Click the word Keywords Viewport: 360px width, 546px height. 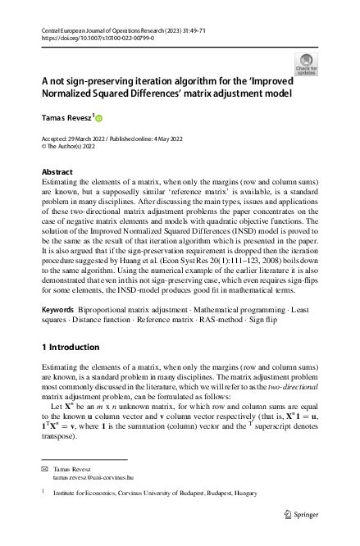(59, 288)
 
